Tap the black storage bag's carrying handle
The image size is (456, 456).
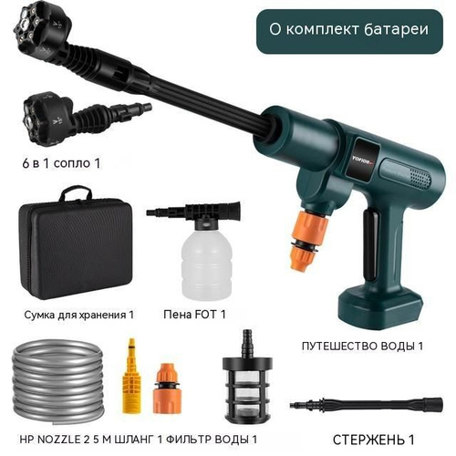coord(76,192)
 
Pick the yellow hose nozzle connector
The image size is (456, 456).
coord(131,376)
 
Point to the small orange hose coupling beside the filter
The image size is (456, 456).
coord(167,389)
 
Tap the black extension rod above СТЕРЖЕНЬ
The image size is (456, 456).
coord(367,404)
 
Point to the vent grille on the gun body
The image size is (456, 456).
coord(420,179)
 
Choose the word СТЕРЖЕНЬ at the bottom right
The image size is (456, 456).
coord(368,440)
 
